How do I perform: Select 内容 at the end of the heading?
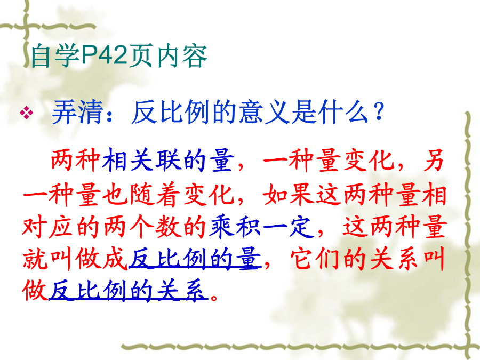pos(182,56)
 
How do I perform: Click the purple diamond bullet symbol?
pos(27,113)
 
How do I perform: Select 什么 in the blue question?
pos(343,112)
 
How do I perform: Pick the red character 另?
pos(434,160)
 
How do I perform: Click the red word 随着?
pos(154,194)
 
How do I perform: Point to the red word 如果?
pos(288,194)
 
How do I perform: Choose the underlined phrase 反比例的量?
pos(195,260)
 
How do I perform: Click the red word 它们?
pos(315,260)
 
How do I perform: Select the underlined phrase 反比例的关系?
pos(128,291)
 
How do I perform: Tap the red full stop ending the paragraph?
pos(214,298)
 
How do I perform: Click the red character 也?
pos(115,194)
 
